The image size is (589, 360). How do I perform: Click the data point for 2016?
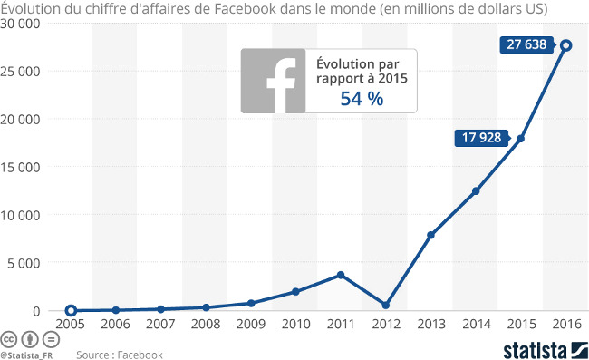click(565, 44)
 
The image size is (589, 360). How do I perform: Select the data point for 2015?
click(520, 139)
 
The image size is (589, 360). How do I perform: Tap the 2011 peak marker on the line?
click(341, 275)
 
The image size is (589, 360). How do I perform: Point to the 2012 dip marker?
click(386, 305)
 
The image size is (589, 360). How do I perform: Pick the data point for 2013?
click(430, 235)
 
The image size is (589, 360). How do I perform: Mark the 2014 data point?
click(476, 191)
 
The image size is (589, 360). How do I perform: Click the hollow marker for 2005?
click(72, 310)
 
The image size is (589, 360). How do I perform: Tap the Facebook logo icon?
click(273, 82)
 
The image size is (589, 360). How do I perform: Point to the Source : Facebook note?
click(120, 355)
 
